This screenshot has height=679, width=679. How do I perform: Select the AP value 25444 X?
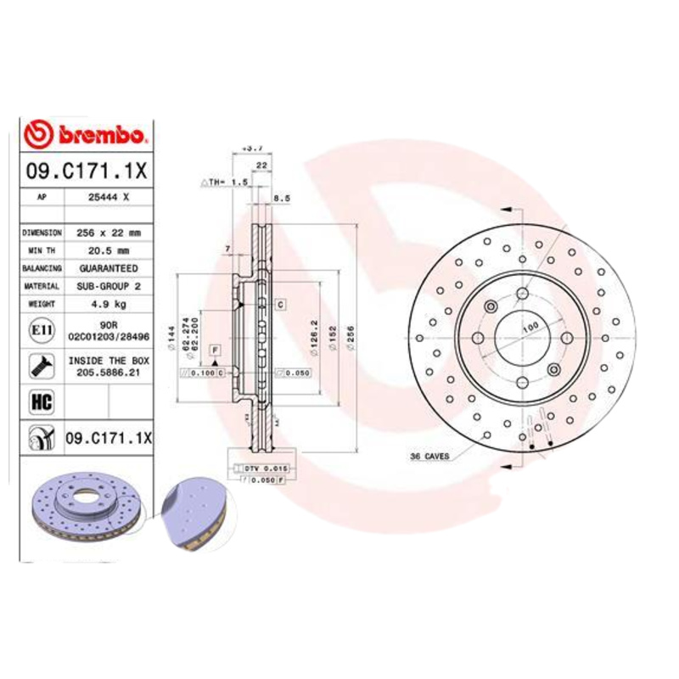pos(108,196)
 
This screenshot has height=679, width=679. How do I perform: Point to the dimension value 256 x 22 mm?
pos(108,232)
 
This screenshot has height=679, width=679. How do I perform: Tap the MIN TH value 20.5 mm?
pos(108,250)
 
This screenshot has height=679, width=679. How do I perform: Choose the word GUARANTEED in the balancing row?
pos(108,268)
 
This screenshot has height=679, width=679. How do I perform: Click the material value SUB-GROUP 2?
pos(108,286)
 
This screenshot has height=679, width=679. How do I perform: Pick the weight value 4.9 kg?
pos(108,304)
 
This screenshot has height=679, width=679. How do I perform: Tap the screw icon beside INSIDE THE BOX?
pos(38,366)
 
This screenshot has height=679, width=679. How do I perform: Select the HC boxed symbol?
pos(38,400)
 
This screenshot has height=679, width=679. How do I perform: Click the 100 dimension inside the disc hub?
pos(530,327)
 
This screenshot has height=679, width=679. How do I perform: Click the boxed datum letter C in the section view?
pos(278,304)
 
